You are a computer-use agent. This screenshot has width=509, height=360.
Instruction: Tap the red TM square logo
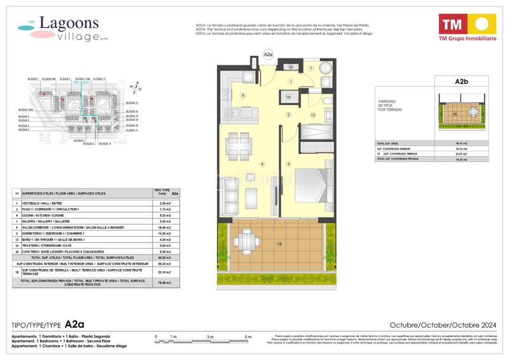(x=452, y=25)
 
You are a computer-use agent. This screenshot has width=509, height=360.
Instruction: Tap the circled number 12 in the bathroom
(x=313, y=114)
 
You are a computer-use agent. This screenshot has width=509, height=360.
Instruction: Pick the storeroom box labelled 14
(x=288, y=97)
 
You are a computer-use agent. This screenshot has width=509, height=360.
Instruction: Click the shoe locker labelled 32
(x=290, y=66)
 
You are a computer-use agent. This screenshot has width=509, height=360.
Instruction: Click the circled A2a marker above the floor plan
(x=268, y=55)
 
